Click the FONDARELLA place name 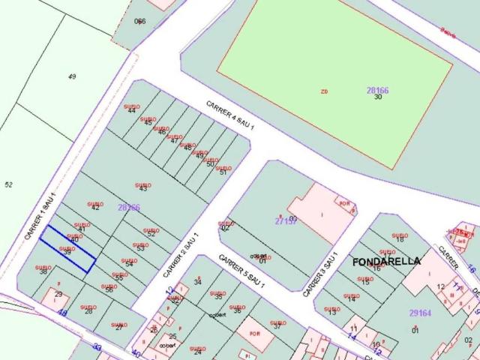pos(386,261)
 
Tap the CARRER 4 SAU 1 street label pos(231,116)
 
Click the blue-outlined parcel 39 pos(67,250)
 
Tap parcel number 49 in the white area pos(72,76)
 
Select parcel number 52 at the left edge pos(9,184)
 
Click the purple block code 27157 pos(286,221)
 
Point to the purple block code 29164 pos(420,313)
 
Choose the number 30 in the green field pos(378,97)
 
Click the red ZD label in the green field pos(325,91)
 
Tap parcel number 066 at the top pos(140,21)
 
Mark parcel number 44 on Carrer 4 pos(132,111)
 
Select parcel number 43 pos(143,188)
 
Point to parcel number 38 pos(43,271)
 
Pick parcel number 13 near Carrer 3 pos(331,312)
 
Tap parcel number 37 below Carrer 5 pos(277,325)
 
